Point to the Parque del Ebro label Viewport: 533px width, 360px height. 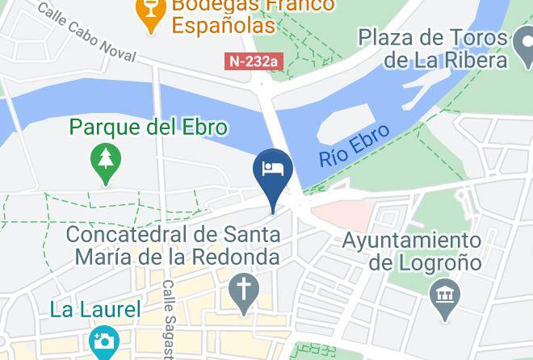point(149,128)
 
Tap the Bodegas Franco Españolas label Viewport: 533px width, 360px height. point(241,15)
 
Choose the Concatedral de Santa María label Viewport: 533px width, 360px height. point(174,246)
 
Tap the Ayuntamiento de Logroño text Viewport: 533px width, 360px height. point(412,251)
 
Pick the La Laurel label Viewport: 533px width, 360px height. point(95,309)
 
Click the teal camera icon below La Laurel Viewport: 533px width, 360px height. point(103,341)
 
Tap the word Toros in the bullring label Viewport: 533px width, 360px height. point(475,38)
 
